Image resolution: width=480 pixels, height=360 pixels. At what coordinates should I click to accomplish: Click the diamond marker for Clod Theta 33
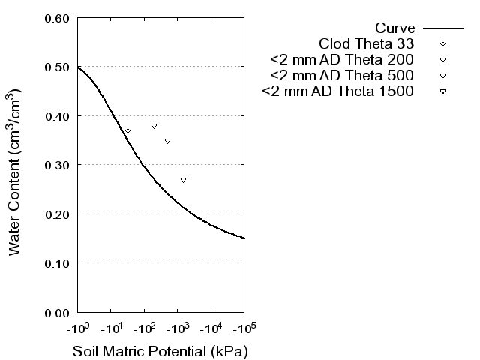click(127, 130)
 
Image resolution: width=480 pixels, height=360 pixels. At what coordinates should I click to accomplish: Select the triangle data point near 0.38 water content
click(154, 126)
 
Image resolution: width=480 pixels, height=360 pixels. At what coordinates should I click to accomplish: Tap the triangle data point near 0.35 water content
click(167, 141)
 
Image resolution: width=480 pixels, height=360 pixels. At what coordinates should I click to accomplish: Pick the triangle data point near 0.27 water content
click(183, 180)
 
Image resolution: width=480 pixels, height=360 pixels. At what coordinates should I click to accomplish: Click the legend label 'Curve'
click(395, 28)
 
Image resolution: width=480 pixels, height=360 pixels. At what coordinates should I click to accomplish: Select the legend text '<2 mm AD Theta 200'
click(343, 60)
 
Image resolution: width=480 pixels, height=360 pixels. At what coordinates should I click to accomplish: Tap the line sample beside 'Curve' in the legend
click(443, 28)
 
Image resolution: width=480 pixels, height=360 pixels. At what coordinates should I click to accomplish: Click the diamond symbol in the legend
click(443, 44)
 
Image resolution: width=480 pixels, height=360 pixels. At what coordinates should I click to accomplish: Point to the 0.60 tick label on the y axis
click(58, 18)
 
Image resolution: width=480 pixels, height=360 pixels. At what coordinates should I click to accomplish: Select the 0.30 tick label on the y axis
click(58, 165)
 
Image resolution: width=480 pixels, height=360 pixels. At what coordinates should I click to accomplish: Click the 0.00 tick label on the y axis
click(58, 312)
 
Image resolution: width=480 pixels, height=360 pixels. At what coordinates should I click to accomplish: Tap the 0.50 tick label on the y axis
click(58, 67)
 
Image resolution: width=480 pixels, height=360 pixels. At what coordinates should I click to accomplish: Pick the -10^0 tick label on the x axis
click(78, 328)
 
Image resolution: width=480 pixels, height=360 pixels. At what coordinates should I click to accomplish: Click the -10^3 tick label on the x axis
click(178, 328)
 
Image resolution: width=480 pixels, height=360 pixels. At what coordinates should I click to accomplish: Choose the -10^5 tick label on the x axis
click(244, 328)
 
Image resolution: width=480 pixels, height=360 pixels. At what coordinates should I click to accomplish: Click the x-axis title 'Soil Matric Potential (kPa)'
click(160, 351)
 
